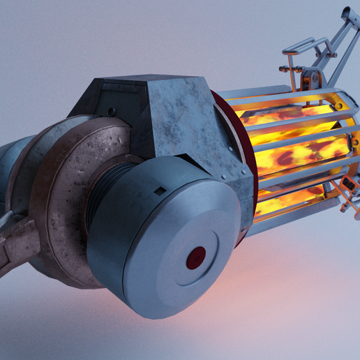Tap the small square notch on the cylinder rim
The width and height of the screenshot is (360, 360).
click(160, 190)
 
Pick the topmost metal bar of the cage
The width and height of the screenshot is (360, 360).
click(279, 90)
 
